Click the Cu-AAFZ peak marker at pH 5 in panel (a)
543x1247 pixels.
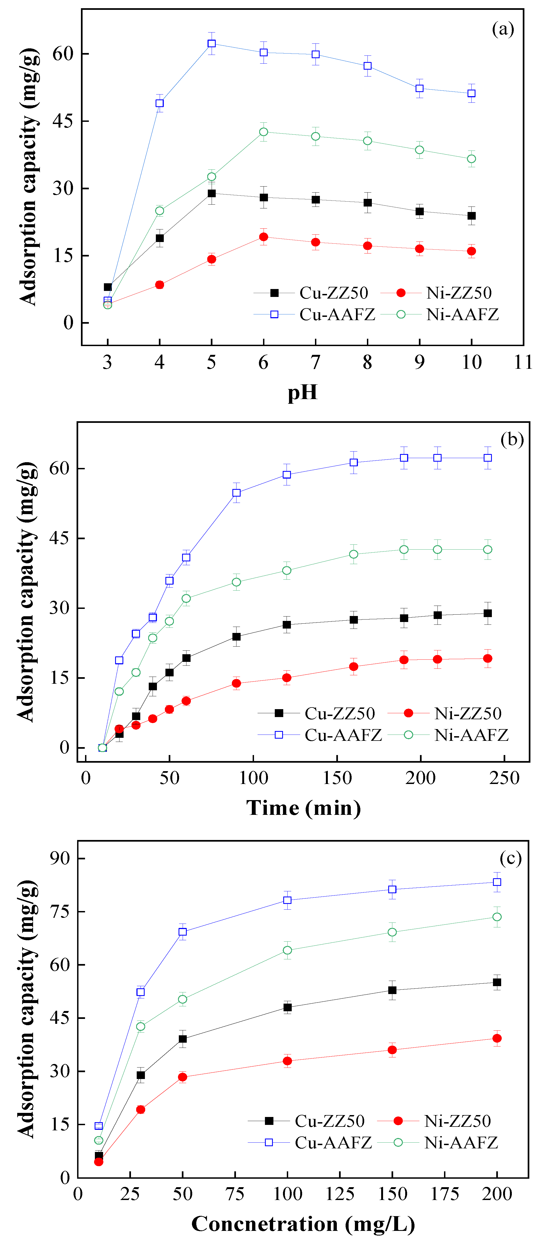[212, 43]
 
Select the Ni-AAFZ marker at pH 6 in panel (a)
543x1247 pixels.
[264, 132]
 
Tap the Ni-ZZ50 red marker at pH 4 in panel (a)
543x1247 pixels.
[159, 285]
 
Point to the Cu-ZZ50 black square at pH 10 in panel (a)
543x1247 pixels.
[471, 216]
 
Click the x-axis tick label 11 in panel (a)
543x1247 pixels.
[523, 362]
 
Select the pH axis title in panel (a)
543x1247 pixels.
[302, 392]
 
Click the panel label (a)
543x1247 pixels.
[503, 29]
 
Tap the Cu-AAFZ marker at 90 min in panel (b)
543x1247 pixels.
[237, 493]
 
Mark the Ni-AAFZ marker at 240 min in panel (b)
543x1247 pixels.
[488, 549]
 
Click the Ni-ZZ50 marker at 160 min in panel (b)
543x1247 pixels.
[354, 667]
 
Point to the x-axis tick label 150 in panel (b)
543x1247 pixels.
[337, 778]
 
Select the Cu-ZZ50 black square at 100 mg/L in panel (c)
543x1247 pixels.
[287, 1007]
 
